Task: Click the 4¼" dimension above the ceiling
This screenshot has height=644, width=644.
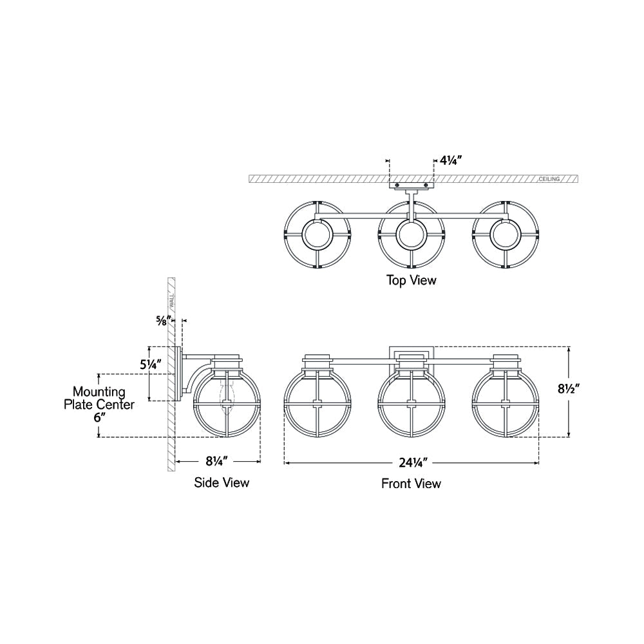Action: (450, 159)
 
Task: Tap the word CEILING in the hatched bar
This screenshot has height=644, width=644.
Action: (549, 179)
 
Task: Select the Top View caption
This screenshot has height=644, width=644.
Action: (411, 280)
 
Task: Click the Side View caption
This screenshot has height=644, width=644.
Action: (222, 482)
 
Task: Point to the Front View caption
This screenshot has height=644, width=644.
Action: (411, 483)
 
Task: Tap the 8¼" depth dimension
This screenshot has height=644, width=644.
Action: (217, 461)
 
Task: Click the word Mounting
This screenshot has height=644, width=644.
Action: (99, 392)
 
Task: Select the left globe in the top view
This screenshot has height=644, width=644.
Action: (317, 235)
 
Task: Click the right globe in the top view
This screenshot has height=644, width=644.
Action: (504, 235)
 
